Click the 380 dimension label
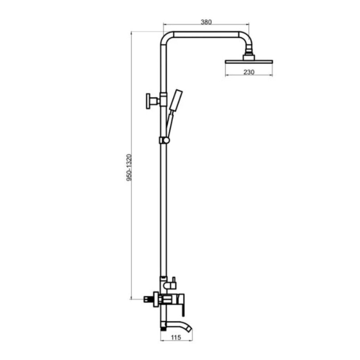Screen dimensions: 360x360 206,22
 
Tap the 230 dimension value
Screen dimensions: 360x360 249,72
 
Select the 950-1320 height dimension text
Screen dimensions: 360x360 129,167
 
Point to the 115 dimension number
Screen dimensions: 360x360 176,337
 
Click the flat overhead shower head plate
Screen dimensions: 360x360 249,62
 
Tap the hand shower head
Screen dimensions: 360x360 176,100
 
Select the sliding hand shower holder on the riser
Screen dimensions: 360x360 165,140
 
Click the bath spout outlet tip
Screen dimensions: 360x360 189,329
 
